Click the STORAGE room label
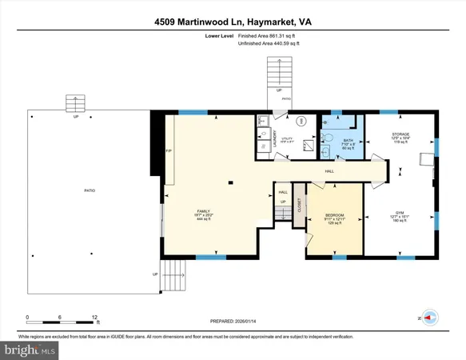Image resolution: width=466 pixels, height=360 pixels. click(400, 134)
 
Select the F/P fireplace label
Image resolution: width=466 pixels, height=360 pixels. click(168, 150)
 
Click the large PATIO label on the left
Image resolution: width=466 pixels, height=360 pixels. click(90, 190)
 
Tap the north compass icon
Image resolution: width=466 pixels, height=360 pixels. click(430, 317)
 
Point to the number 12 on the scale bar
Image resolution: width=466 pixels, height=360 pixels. click(96, 316)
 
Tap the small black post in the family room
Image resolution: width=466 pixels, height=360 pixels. click(230, 183)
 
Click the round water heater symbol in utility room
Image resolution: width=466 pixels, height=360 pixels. click(301, 122)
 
